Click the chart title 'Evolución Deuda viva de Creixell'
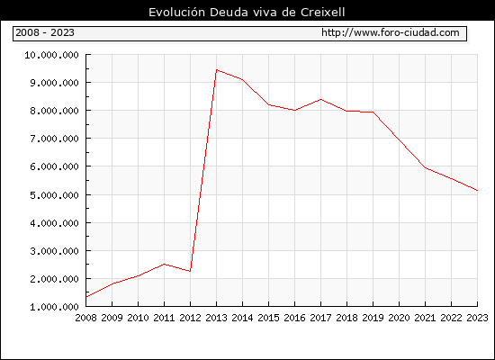(x=247, y=13)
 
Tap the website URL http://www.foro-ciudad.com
(x=391, y=32)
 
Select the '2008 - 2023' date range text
(x=45, y=32)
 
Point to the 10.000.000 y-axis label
(x=51, y=55)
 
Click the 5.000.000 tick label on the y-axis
(x=54, y=194)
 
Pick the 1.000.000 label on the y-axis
(x=54, y=307)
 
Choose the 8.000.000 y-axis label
(x=54, y=111)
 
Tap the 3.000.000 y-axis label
(x=54, y=251)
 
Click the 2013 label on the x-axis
(x=216, y=318)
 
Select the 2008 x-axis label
(x=85, y=318)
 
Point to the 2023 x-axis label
(x=477, y=318)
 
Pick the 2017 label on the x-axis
(x=320, y=318)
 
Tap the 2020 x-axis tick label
(x=399, y=318)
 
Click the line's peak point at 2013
(x=216, y=70)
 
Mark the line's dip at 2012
(x=190, y=271)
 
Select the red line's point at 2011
(x=164, y=264)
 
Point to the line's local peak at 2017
(x=320, y=99)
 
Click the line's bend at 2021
(x=425, y=167)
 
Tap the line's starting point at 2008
(x=86, y=297)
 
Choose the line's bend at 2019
(x=373, y=112)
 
